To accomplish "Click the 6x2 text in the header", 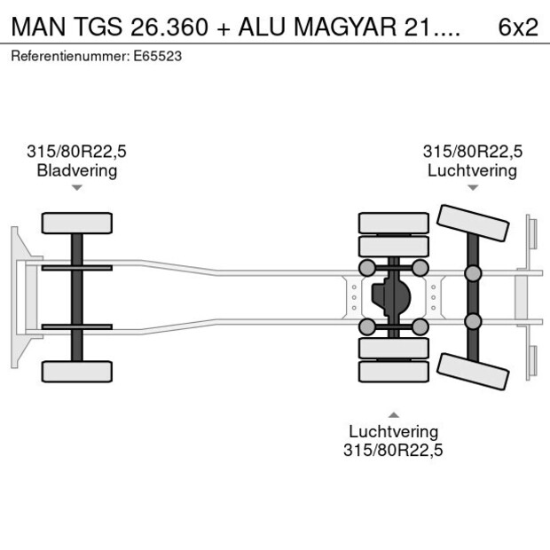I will pos(518,27).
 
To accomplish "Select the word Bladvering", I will pos(77,170).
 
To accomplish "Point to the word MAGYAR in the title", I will pos(329,27).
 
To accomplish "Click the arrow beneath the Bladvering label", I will pos(77,187).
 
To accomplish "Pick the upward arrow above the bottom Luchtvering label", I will pos(393,414).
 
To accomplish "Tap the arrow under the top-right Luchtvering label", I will pos(473,187).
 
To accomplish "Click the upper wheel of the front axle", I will pos(77,223).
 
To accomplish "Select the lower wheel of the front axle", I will pos(77,371).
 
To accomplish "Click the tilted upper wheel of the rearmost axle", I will pos(473,224).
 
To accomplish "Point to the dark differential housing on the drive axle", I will pos(393,297).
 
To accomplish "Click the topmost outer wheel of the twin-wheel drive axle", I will pos(393,223).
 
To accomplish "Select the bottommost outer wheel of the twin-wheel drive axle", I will pos(393,372).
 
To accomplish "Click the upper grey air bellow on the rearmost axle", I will pos(473,272).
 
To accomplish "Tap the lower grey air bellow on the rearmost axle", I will pos(473,321).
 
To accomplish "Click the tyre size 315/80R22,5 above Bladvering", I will pos(77,152).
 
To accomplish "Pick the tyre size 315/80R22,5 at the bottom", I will pos(393,450).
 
